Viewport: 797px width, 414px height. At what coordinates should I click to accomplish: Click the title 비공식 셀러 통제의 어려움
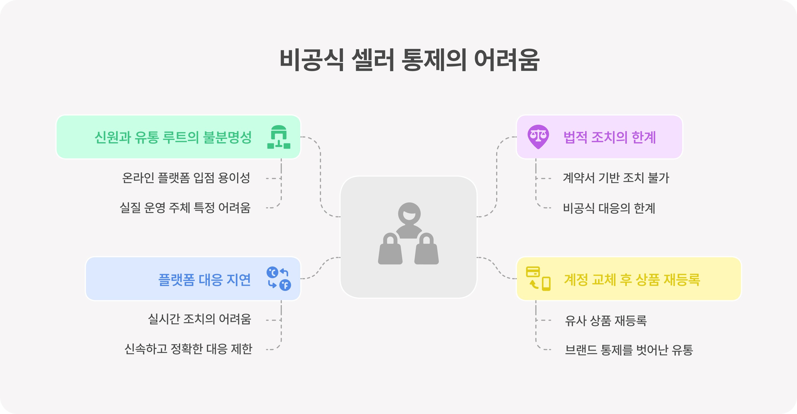coord(410,60)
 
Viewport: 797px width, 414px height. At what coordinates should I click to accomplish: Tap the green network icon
coord(279,137)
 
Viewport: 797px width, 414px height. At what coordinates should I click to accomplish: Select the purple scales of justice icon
coord(538,137)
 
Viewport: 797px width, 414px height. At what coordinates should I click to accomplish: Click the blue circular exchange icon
coord(279,279)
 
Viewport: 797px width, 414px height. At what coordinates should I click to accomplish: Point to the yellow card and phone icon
coord(538,279)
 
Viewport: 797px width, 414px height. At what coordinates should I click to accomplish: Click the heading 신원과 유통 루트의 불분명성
coord(173,137)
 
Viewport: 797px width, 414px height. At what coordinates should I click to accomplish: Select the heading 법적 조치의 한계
coord(609,137)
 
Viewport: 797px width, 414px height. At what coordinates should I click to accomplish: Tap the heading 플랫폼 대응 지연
coord(204,280)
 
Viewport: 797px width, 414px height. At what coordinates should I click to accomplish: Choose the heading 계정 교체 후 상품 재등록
coord(632,280)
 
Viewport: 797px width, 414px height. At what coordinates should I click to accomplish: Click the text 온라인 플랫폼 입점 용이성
coord(186,178)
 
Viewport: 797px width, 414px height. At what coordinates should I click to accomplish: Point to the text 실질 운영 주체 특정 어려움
coord(185,208)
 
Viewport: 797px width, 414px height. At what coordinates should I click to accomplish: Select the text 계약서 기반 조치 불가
coord(616,178)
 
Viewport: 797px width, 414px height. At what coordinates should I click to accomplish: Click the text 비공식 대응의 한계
coord(609,208)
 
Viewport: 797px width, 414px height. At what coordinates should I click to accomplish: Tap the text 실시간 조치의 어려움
coord(200,319)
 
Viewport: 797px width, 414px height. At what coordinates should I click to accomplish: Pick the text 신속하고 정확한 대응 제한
coord(188,349)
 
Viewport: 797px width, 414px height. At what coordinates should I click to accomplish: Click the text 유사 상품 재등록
coord(606,320)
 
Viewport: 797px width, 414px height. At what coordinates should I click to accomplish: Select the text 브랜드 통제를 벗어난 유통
coord(629,350)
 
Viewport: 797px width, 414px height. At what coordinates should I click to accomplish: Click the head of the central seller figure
coord(409,214)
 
